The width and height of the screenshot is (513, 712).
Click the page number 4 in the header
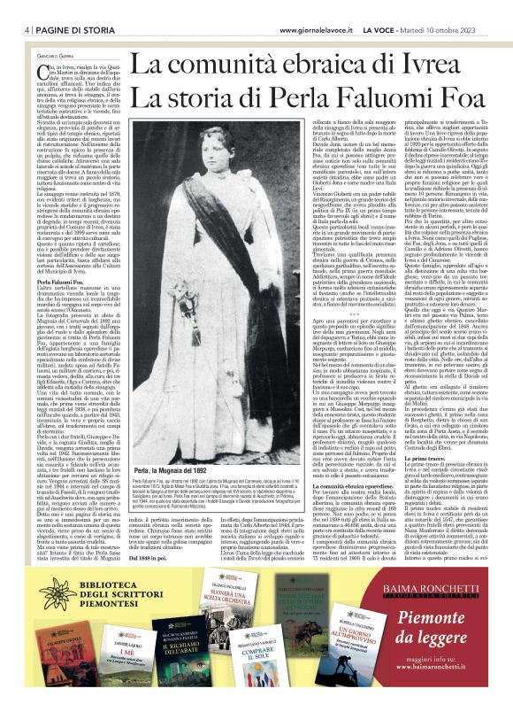pos(28,7)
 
